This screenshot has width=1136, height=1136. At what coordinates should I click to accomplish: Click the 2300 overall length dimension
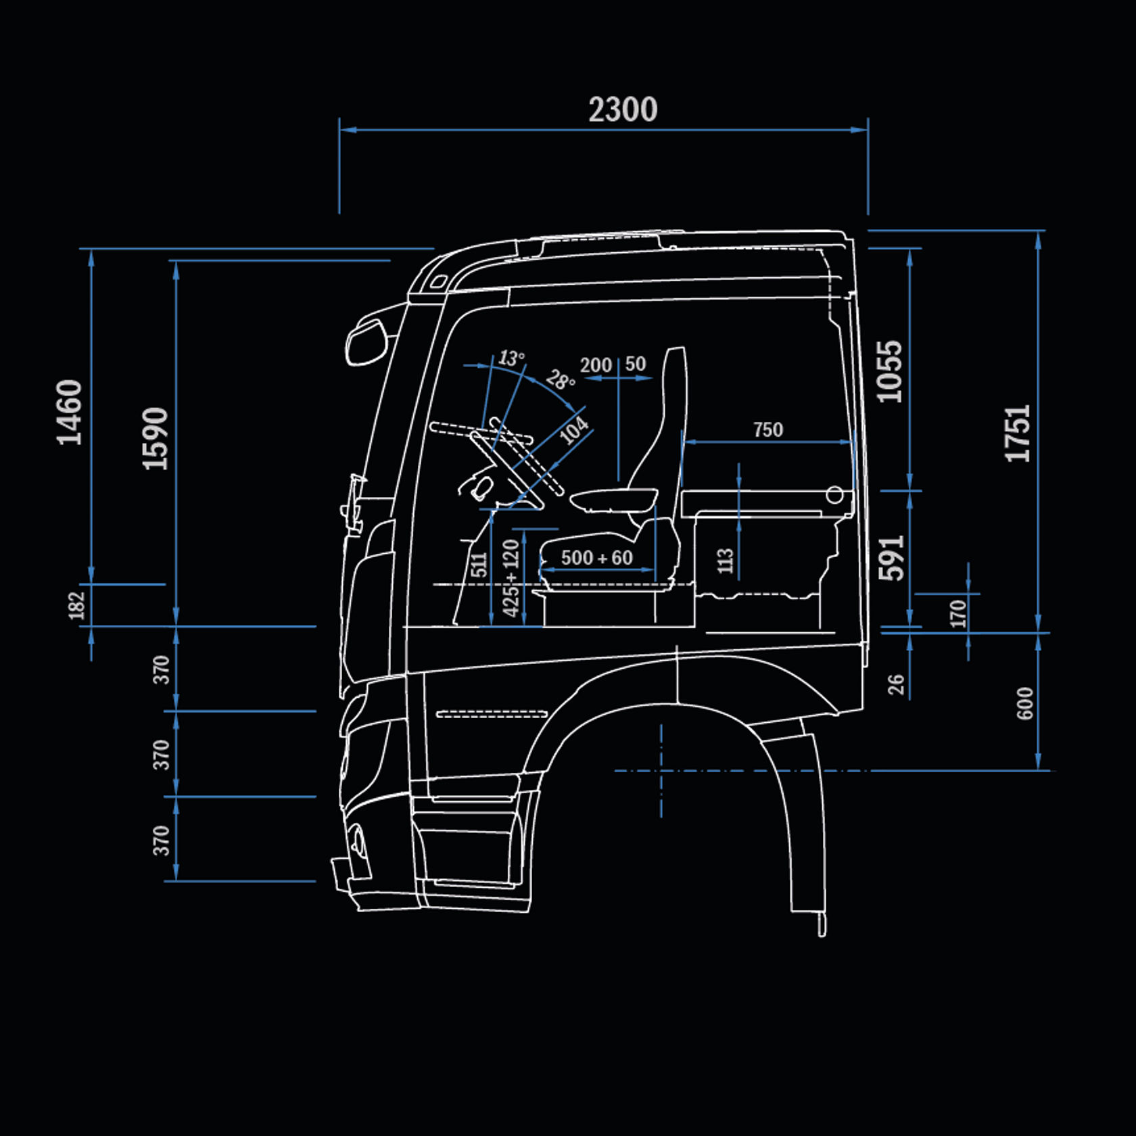point(623,110)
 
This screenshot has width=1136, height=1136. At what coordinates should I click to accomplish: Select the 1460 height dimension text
point(70,412)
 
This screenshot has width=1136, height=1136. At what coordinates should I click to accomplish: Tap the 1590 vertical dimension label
point(155,438)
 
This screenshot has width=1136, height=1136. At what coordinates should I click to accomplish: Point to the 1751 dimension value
point(1018,433)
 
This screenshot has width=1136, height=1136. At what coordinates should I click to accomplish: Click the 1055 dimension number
point(890,371)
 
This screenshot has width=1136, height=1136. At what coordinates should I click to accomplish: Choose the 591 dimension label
point(891,558)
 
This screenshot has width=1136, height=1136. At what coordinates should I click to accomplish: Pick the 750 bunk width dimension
point(767,429)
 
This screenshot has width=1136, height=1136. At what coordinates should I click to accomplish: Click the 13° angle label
point(511,358)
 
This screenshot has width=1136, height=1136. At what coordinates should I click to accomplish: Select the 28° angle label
point(561,380)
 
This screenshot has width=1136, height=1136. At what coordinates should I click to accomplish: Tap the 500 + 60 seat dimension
point(596,558)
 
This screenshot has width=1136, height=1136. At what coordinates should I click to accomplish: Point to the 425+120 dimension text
point(511,577)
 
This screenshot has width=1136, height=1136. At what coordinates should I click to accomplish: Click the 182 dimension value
point(77,605)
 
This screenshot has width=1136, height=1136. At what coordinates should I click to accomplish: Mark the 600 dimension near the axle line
point(1025,703)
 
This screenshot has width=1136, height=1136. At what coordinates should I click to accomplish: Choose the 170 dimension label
point(957,613)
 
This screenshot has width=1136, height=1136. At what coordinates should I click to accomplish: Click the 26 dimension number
point(896,684)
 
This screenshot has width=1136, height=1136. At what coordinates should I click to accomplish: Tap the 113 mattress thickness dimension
point(725,561)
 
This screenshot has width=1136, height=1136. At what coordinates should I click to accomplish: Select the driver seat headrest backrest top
point(675,365)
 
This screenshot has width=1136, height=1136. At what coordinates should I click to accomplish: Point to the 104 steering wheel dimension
point(574,431)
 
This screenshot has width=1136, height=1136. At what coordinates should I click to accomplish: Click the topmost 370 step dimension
point(161,669)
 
